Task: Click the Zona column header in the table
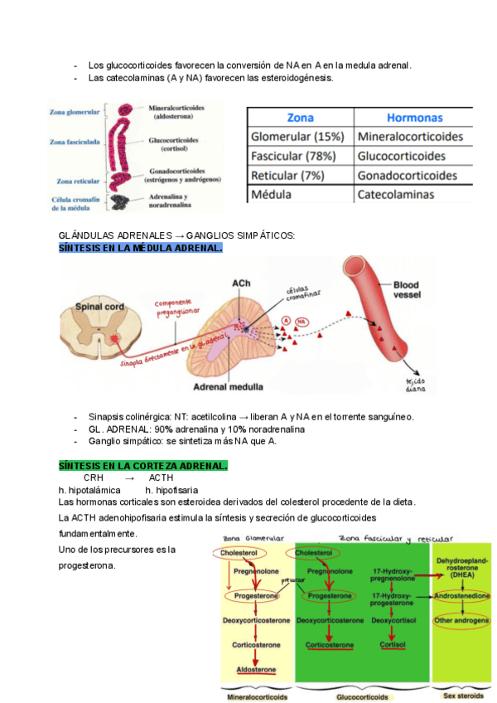tap(300, 118)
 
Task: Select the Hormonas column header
tap(414, 118)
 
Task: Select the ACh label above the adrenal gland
tap(242, 284)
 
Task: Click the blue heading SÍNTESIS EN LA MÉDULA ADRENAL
tap(140, 247)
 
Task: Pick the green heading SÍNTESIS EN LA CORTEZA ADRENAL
tap(142, 467)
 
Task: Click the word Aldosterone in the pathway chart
tap(255, 668)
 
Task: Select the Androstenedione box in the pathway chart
tap(461, 595)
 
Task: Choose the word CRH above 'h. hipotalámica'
tap(94, 478)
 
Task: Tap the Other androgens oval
tap(461, 619)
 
